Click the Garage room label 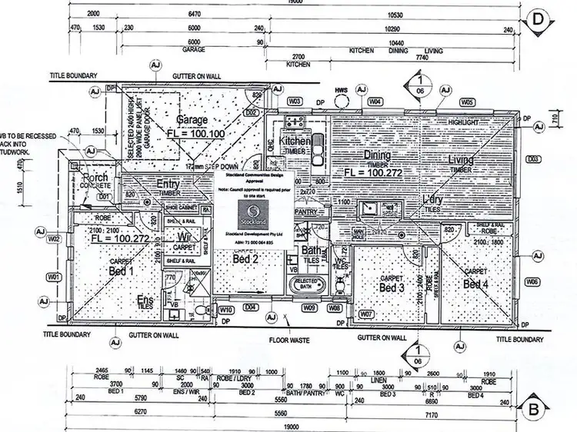[192, 121]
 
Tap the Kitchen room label [295, 141]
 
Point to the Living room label [461, 160]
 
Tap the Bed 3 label [392, 287]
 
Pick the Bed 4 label [475, 284]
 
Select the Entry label [168, 184]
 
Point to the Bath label [312, 250]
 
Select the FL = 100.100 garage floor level [195, 133]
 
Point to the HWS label [341, 90]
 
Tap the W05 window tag [466, 102]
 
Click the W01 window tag [53, 276]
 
